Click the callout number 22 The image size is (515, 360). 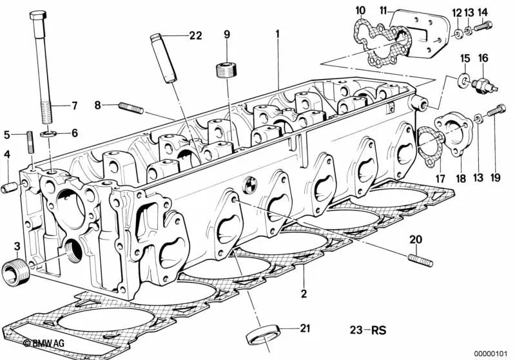click(195, 35)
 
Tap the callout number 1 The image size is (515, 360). click(278, 32)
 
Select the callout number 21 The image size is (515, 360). click(305, 328)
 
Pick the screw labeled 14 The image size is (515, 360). click(483, 26)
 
